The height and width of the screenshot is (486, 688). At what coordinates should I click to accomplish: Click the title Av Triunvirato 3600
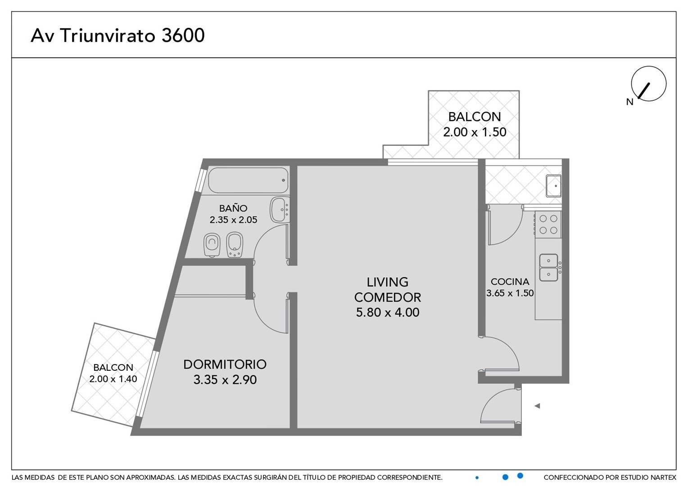tap(118, 35)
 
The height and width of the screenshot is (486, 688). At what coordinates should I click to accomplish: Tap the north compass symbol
tap(648, 84)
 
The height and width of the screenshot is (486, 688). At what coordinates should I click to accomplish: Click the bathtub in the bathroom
tap(248, 180)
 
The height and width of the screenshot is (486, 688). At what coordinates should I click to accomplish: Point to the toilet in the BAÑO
tap(212, 245)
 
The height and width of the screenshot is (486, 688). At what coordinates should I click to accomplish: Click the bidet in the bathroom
tap(235, 245)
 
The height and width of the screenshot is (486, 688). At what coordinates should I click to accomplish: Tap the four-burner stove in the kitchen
tap(548, 225)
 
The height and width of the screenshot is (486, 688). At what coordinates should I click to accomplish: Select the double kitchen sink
tap(548, 267)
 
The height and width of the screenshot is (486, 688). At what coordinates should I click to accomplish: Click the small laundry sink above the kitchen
tap(553, 186)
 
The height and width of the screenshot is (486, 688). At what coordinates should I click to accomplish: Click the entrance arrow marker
tap(537, 406)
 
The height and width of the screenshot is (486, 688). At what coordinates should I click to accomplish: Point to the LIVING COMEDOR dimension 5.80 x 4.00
tap(388, 313)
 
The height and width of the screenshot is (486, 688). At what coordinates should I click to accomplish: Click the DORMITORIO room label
tap(225, 364)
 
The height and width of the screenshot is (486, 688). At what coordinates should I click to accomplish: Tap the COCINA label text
tap(510, 282)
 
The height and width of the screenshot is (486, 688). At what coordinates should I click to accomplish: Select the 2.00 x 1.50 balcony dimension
tap(475, 132)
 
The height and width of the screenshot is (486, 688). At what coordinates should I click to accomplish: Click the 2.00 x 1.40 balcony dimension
tap(113, 379)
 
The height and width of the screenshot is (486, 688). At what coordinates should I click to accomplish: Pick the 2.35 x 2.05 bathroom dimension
tap(233, 220)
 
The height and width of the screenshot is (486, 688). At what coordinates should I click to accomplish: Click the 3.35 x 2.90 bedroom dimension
tap(225, 380)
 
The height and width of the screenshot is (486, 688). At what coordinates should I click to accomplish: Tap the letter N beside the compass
tap(630, 102)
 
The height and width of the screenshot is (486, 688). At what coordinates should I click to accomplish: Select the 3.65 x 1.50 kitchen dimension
tap(510, 293)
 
